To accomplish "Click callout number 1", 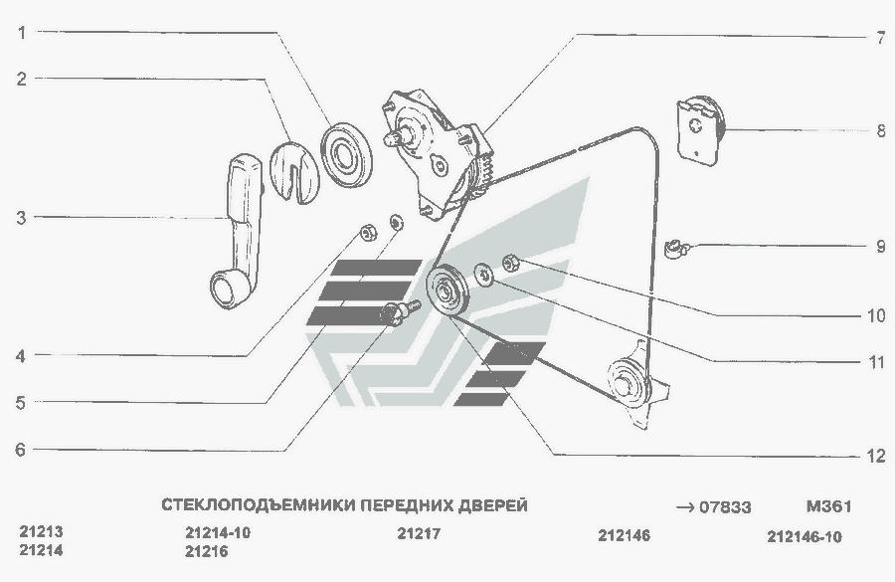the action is (22, 33).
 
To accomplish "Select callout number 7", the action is (881, 38).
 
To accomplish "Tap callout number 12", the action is (876, 456).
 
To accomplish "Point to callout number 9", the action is (881, 247).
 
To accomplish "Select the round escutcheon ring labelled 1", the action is (346, 154).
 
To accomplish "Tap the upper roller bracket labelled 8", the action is (700, 130).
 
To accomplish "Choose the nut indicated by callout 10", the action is (510, 264).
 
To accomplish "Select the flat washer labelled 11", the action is (484, 275).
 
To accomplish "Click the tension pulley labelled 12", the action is (448, 291).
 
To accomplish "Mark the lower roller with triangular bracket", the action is (635, 384).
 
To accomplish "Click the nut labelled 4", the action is (369, 232).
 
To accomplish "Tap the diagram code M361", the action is (828, 506).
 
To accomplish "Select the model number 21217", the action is (419, 533).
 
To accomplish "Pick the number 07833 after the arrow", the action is (725, 507).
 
